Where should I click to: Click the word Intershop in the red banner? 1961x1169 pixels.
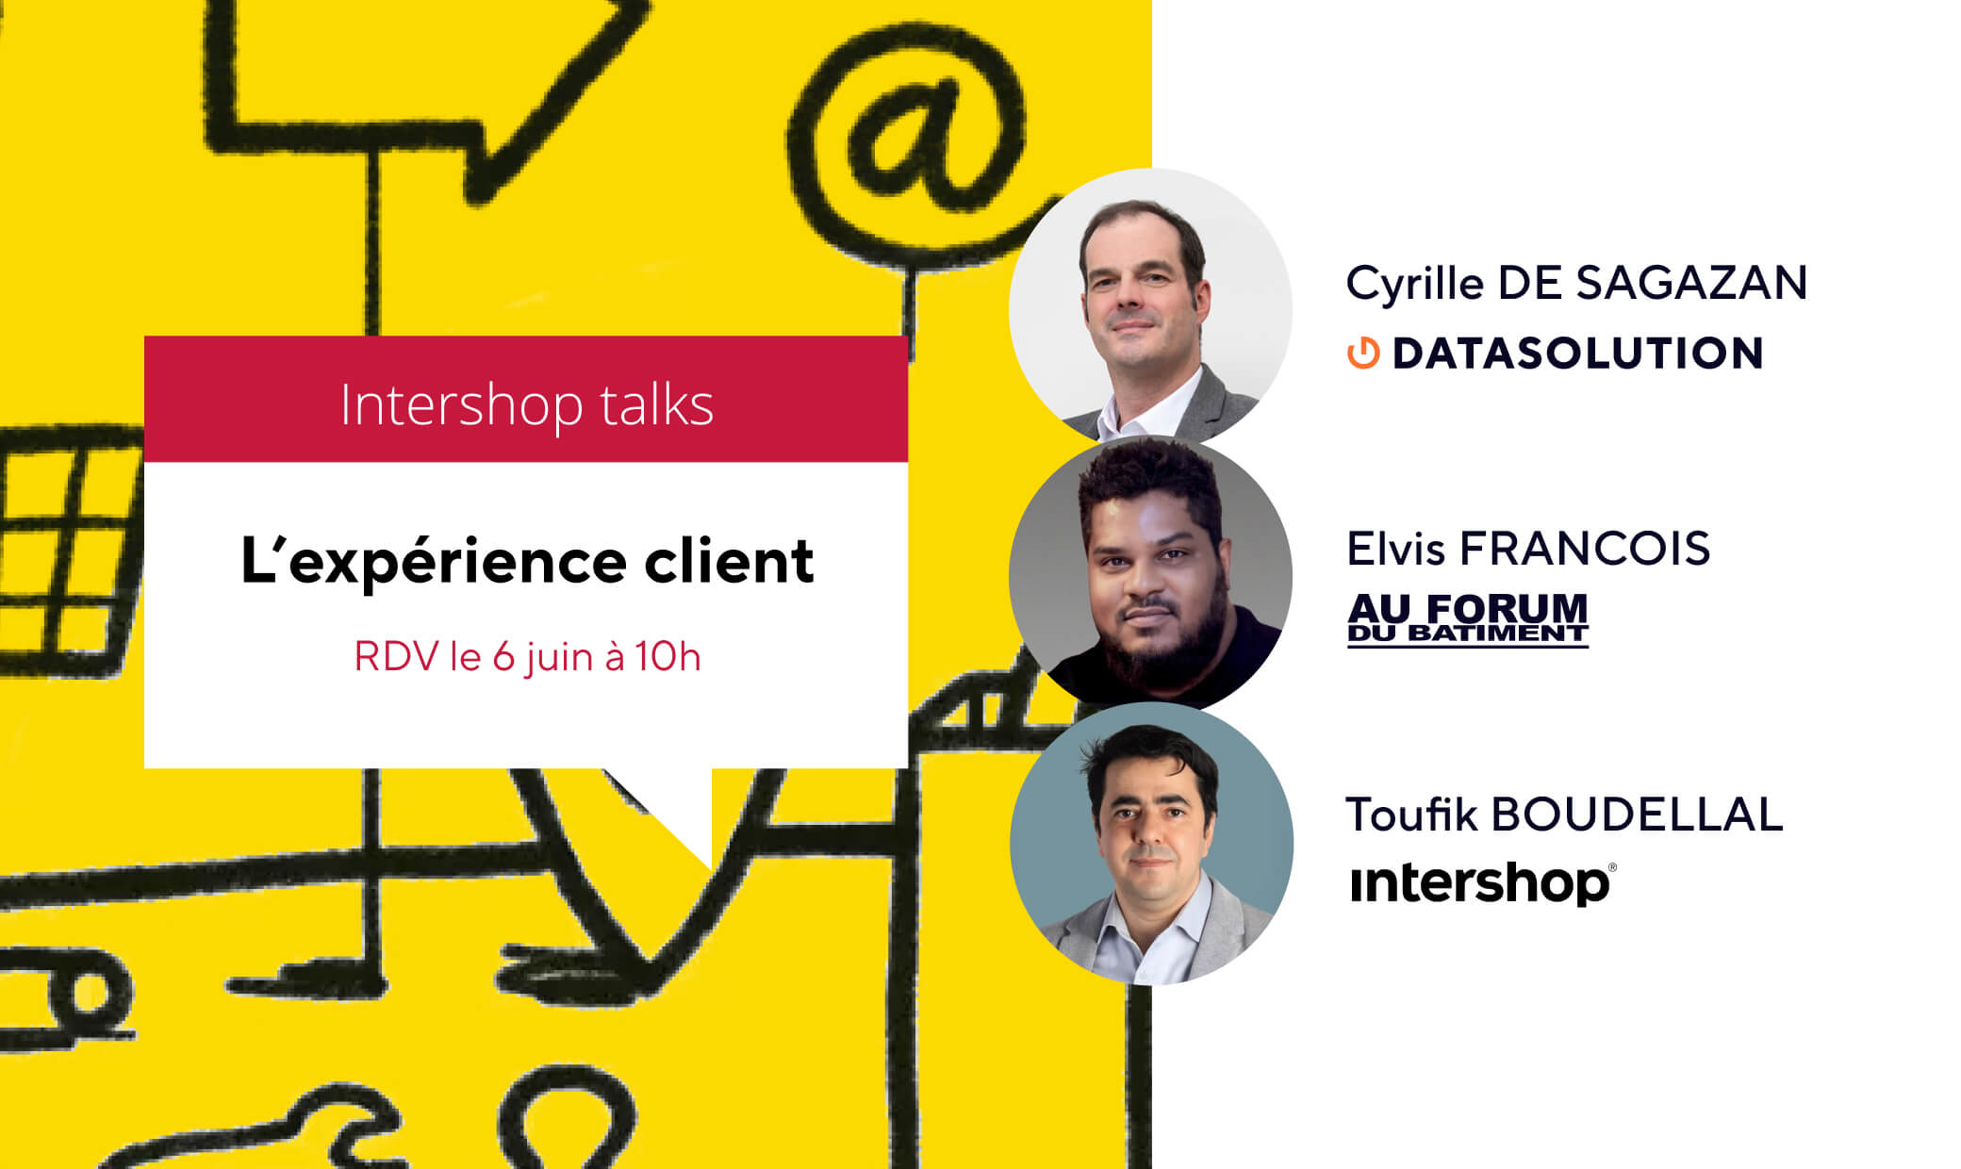pos(462,405)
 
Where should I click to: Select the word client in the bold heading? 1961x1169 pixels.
pos(729,561)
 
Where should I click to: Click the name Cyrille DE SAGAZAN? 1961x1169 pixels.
pos(1576,284)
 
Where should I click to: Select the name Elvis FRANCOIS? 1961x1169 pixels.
pos(1528,549)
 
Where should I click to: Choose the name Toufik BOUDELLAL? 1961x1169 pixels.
pos(1565,815)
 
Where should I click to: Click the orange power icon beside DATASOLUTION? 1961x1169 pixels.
pos(1363,354)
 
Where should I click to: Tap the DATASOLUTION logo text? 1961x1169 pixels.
pos(1577,354)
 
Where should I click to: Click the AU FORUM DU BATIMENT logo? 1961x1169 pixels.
pos(1468,619)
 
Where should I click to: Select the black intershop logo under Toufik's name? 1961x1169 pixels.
pos(1483,882)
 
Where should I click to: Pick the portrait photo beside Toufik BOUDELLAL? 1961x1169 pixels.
pos(1151,843)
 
